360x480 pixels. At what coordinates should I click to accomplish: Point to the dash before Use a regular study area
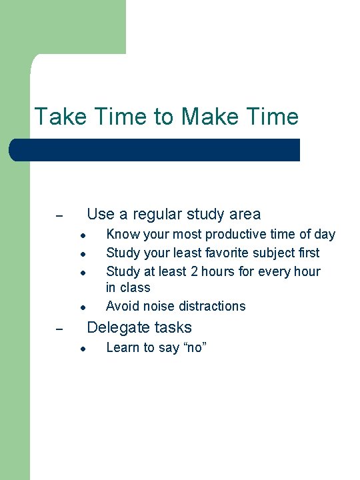[59, 216]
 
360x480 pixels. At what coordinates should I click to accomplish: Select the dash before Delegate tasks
[59, 329]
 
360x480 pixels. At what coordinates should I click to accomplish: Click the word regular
[158, 214]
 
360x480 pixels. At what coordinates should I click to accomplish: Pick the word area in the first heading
[243, 214]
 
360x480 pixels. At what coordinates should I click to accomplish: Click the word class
[136, 287]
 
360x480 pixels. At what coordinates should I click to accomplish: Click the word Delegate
[116, 327]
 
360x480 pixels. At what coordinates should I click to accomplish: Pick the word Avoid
[121, 306]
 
